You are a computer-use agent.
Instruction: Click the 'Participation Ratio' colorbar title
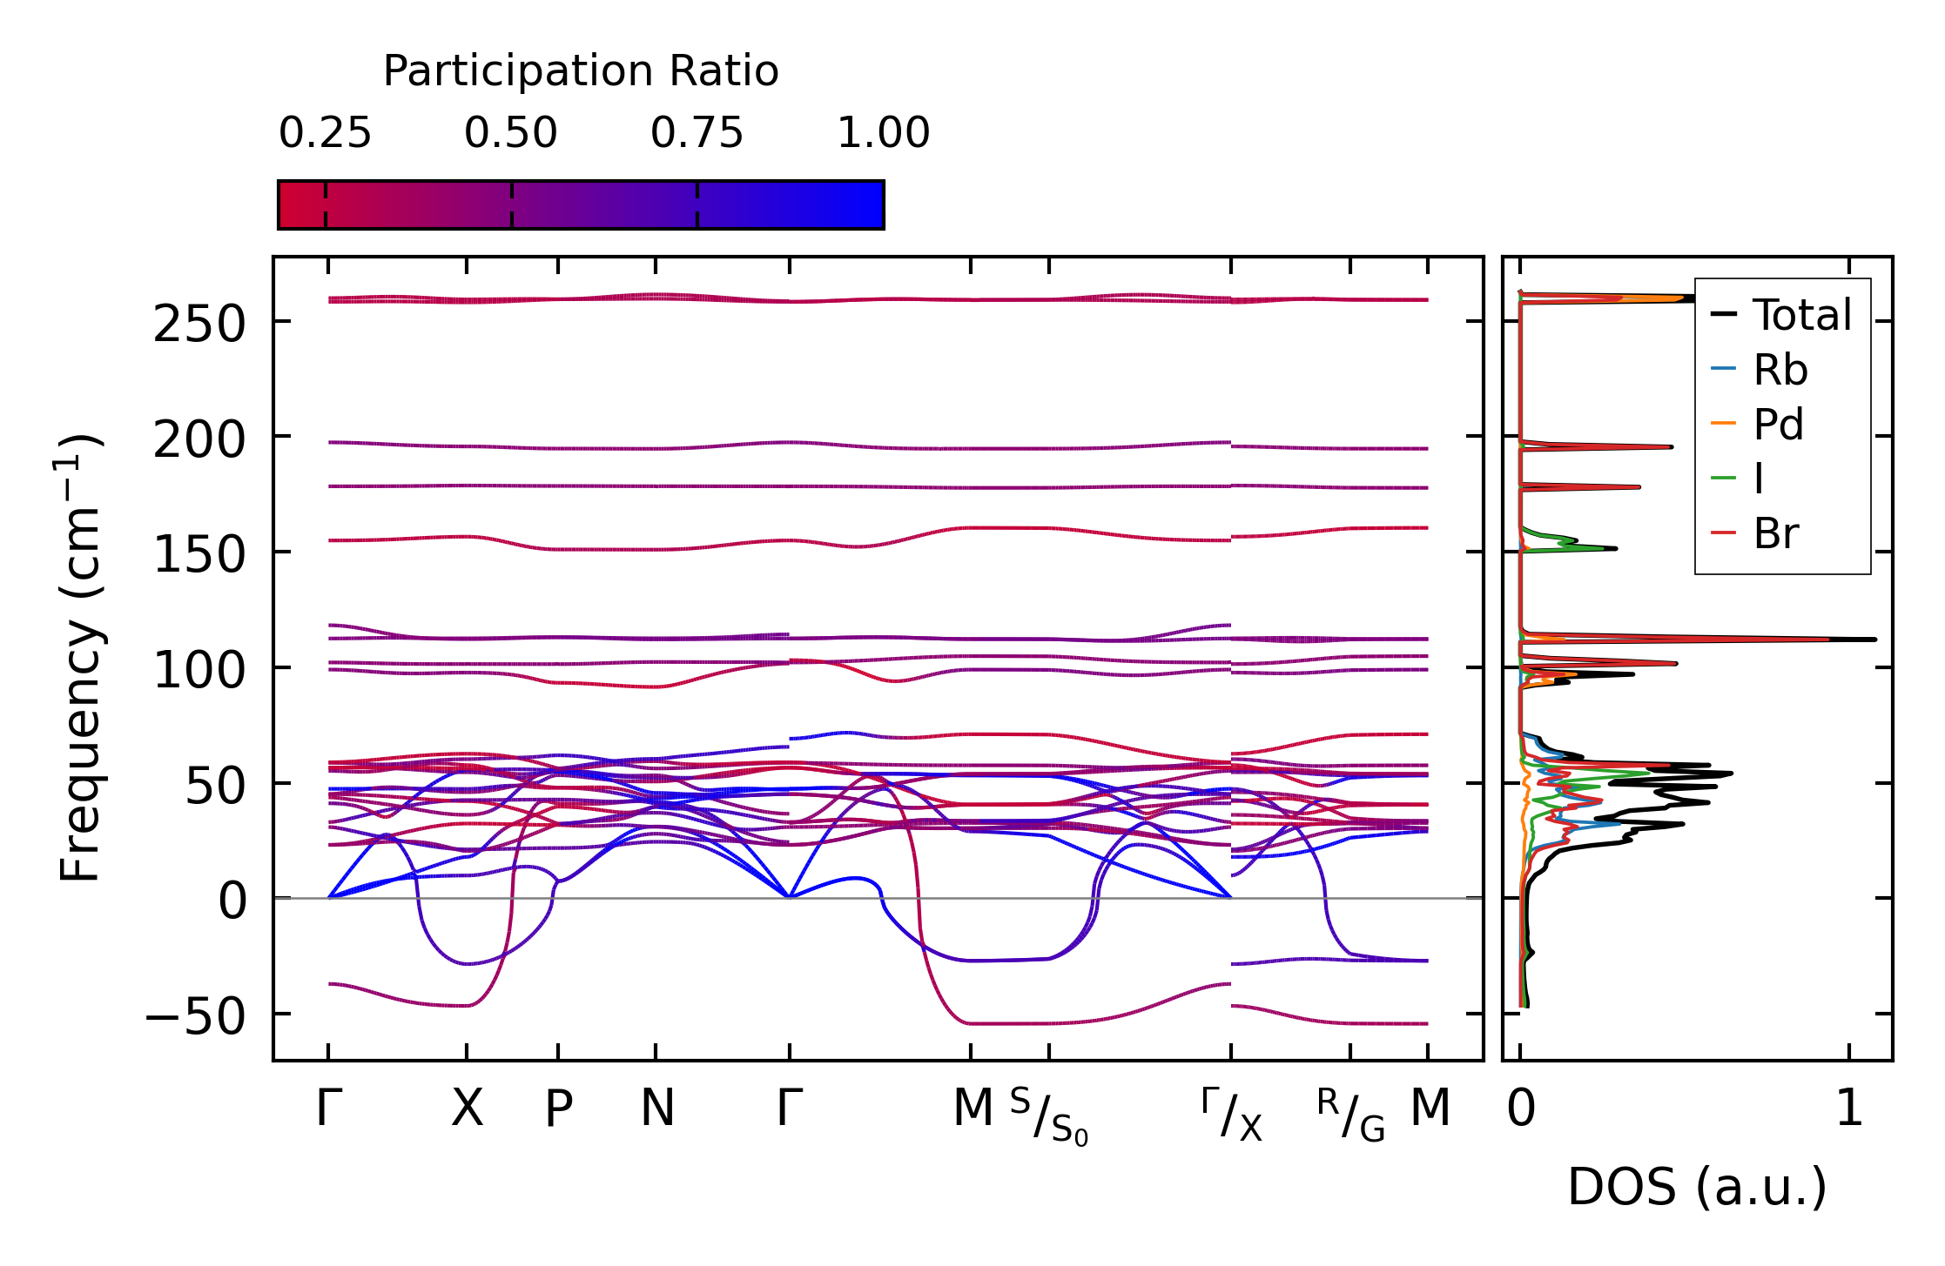pyautogui.click(x=581, y=71)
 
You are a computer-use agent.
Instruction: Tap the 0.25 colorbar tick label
pyautogui.click(x=325, y=134)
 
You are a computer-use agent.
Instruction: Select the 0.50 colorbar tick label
pyautogui.click(x=511, y=134)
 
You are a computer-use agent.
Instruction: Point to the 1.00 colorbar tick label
pyautogui.click(x=884, y=134)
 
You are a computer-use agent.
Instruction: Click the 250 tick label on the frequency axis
pyautogui.click(x=199, y=325)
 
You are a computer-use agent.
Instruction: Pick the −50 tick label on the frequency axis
pyautogui.click(x=195, y=1016)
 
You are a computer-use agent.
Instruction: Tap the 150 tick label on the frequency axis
pyautogui.click(x=199, y=555)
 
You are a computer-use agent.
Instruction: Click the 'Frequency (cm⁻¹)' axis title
pyautogui.click(x=80, y=658)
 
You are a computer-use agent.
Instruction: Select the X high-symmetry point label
pyautogui.click(x=467, y=1109)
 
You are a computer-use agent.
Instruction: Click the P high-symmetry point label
pyautogui.click(x=558, y=1109)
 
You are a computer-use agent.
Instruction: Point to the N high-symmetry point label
pyautogui.click(x=656, y=1109)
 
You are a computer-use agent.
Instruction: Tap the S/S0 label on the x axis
pyautogui.click(x=1049, y=1115)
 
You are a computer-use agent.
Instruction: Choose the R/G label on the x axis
pyautogui.click(x=1350, y=1115)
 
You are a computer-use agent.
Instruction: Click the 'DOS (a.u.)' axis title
pyautogui.click(x=1697, y=1188)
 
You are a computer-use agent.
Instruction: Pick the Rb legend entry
pyautogui.click(x=1780, y=370)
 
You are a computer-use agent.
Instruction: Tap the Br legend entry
pyautogui.click(x=1776, y=533)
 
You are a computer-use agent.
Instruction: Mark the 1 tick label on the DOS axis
pyautogui.click(x=1849, y=1109)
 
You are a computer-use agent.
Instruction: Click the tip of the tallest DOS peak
pyautogui.click(x=1874, y=640)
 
